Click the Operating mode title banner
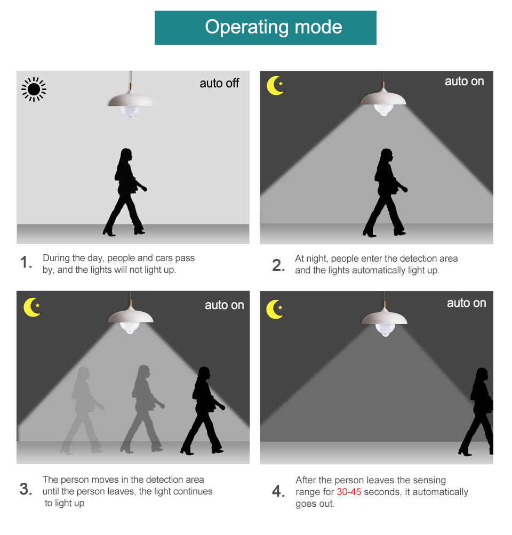[266, 28]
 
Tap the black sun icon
[34, 90]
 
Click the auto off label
[219, 83]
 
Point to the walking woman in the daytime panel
[125, 192]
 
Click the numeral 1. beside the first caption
[26, 262]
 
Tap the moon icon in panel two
[275, 85]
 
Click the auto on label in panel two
[464, 82]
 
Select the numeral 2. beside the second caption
[278, 265]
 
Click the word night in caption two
[317, 258]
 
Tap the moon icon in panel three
[33, 307]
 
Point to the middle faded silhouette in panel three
[142, 409]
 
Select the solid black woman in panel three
[203, 410]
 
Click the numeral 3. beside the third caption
[26, 489]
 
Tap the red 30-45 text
[349, 492]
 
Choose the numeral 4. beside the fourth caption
[278, 491]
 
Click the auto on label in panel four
[467, 303]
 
